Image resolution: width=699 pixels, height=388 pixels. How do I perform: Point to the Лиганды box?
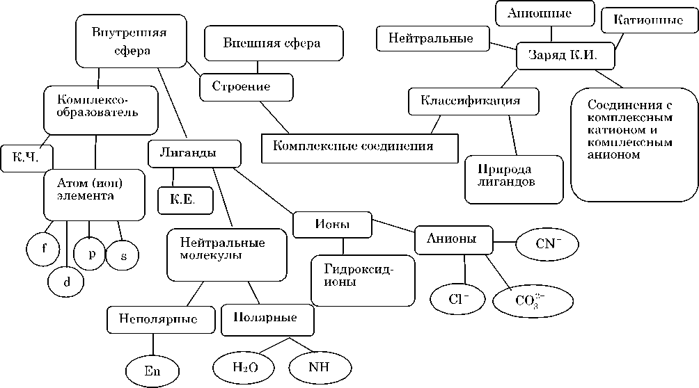click(194, 152)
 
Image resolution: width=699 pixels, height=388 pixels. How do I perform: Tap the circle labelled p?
click(91, 253)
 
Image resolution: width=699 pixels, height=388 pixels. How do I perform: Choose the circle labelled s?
click(123, 256)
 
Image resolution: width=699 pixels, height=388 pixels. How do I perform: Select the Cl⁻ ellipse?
click(457, 299)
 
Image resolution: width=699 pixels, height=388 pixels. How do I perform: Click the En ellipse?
click(152, 369)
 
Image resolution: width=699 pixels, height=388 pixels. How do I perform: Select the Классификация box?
click(473, 101)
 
